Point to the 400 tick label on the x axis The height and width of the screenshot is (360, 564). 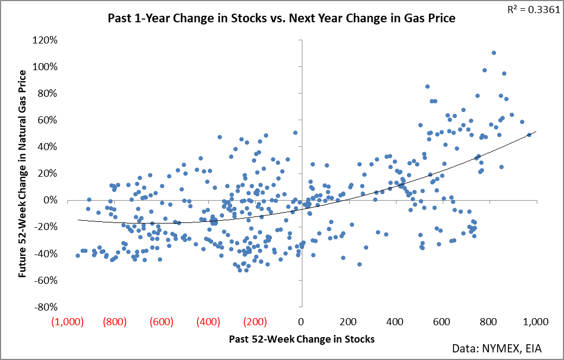click(x=394, y=321)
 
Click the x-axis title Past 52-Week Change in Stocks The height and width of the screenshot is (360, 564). click(x=301, y=339)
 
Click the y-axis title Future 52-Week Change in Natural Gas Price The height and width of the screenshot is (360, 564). click(x=23, y=173)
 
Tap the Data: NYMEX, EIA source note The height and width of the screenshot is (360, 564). click(x=497, y=348)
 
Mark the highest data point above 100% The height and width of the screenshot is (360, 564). click(x=493, y=53)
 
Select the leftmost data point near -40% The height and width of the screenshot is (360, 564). click(x=78, y=256)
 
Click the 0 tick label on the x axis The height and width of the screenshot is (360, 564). click(x=301, y=321)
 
